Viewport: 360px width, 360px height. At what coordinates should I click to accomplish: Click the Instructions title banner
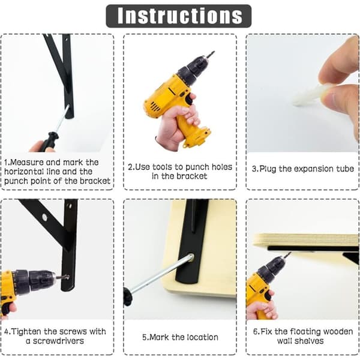[x=179, y=16]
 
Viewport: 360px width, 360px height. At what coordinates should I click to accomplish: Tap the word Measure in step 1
[x=27, y=163]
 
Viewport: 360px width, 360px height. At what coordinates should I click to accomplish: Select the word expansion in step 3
[x=314, y=169]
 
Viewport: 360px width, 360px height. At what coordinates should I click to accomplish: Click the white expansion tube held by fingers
[x=310, y=95]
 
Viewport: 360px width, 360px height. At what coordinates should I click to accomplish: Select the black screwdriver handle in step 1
[x=48, y=142]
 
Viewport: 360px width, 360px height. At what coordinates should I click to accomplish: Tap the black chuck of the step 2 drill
[x=193, y=70]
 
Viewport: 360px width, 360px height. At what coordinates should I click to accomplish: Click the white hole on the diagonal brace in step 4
[x=44, y=217]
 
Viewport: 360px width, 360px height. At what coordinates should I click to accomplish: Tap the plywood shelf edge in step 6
[x=305, y=241]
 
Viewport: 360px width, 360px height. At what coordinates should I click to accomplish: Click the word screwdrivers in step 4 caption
[x=58, y=341]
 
